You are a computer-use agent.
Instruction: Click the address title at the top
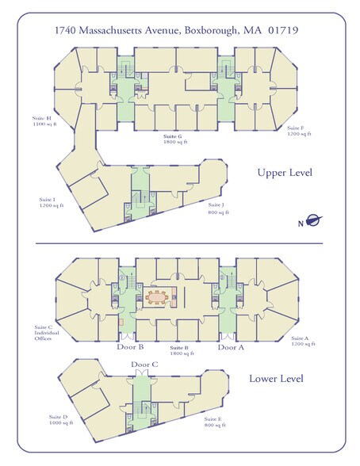pos(177,30)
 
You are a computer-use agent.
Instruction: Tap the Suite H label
pos(44,121)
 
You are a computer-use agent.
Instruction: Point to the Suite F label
pos(299,131)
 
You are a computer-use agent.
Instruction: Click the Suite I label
pos(52,202)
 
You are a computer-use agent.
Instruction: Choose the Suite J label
pos(219,208)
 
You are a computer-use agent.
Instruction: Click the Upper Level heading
pos(285,173)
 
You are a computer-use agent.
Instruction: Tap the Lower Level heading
pos(276,379)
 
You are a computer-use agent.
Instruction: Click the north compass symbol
pos(311,221)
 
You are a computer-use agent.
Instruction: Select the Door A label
pos(231,347)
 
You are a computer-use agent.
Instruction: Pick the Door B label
pos(130,347)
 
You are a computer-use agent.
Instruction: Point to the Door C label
pos(144,365)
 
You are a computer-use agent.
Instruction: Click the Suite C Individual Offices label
pos(47,333)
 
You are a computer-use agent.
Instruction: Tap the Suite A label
pos(303,341)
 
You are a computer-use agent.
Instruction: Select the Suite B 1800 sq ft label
pos(182,350)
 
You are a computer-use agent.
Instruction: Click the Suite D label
pos(61,420)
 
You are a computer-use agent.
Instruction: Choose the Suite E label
pos(215,422)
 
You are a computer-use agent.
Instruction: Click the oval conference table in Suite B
pos(156,297)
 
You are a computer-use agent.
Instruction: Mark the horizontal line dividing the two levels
pos(179,243)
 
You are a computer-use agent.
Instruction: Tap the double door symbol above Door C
pos(142,372)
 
